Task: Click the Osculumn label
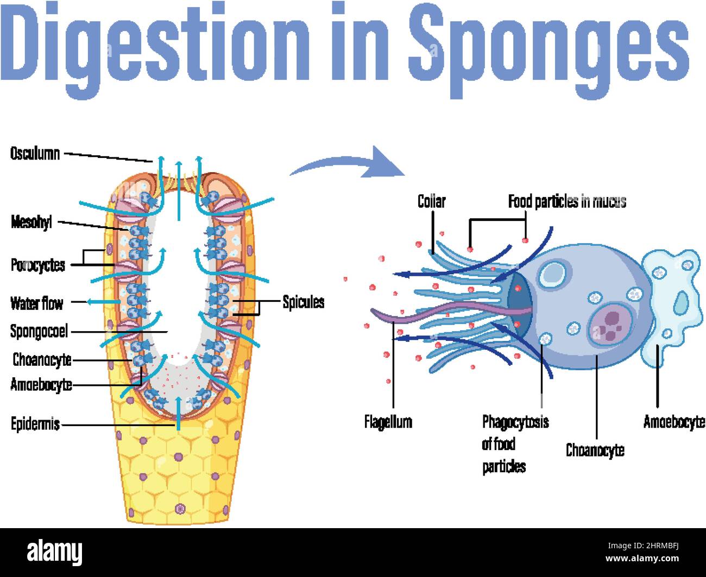35,154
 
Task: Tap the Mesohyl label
31,222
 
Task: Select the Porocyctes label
37,265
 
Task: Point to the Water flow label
36,303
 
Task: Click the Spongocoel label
39,331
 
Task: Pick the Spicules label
303,302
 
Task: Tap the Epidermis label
35,424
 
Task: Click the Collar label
431,201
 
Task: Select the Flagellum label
388,422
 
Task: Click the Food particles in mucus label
567,202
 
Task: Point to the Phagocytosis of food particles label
514,444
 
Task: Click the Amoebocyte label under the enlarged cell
674,421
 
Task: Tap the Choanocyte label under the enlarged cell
595,450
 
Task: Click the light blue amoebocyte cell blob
671,304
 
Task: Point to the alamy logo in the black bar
54,553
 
